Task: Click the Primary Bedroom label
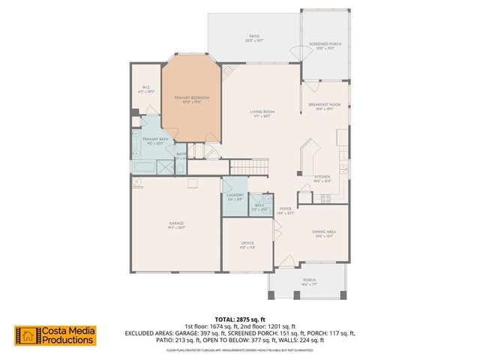191,98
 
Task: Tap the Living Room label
262,112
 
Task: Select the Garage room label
176,223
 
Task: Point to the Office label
247,244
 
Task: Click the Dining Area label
324,232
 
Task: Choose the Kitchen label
322,177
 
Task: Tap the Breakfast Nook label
324,106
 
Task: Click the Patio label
254,36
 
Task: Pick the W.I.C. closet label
147,88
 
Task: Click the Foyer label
285,209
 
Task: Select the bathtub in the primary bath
143,165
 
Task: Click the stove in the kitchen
326,199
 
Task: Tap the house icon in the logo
26,335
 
